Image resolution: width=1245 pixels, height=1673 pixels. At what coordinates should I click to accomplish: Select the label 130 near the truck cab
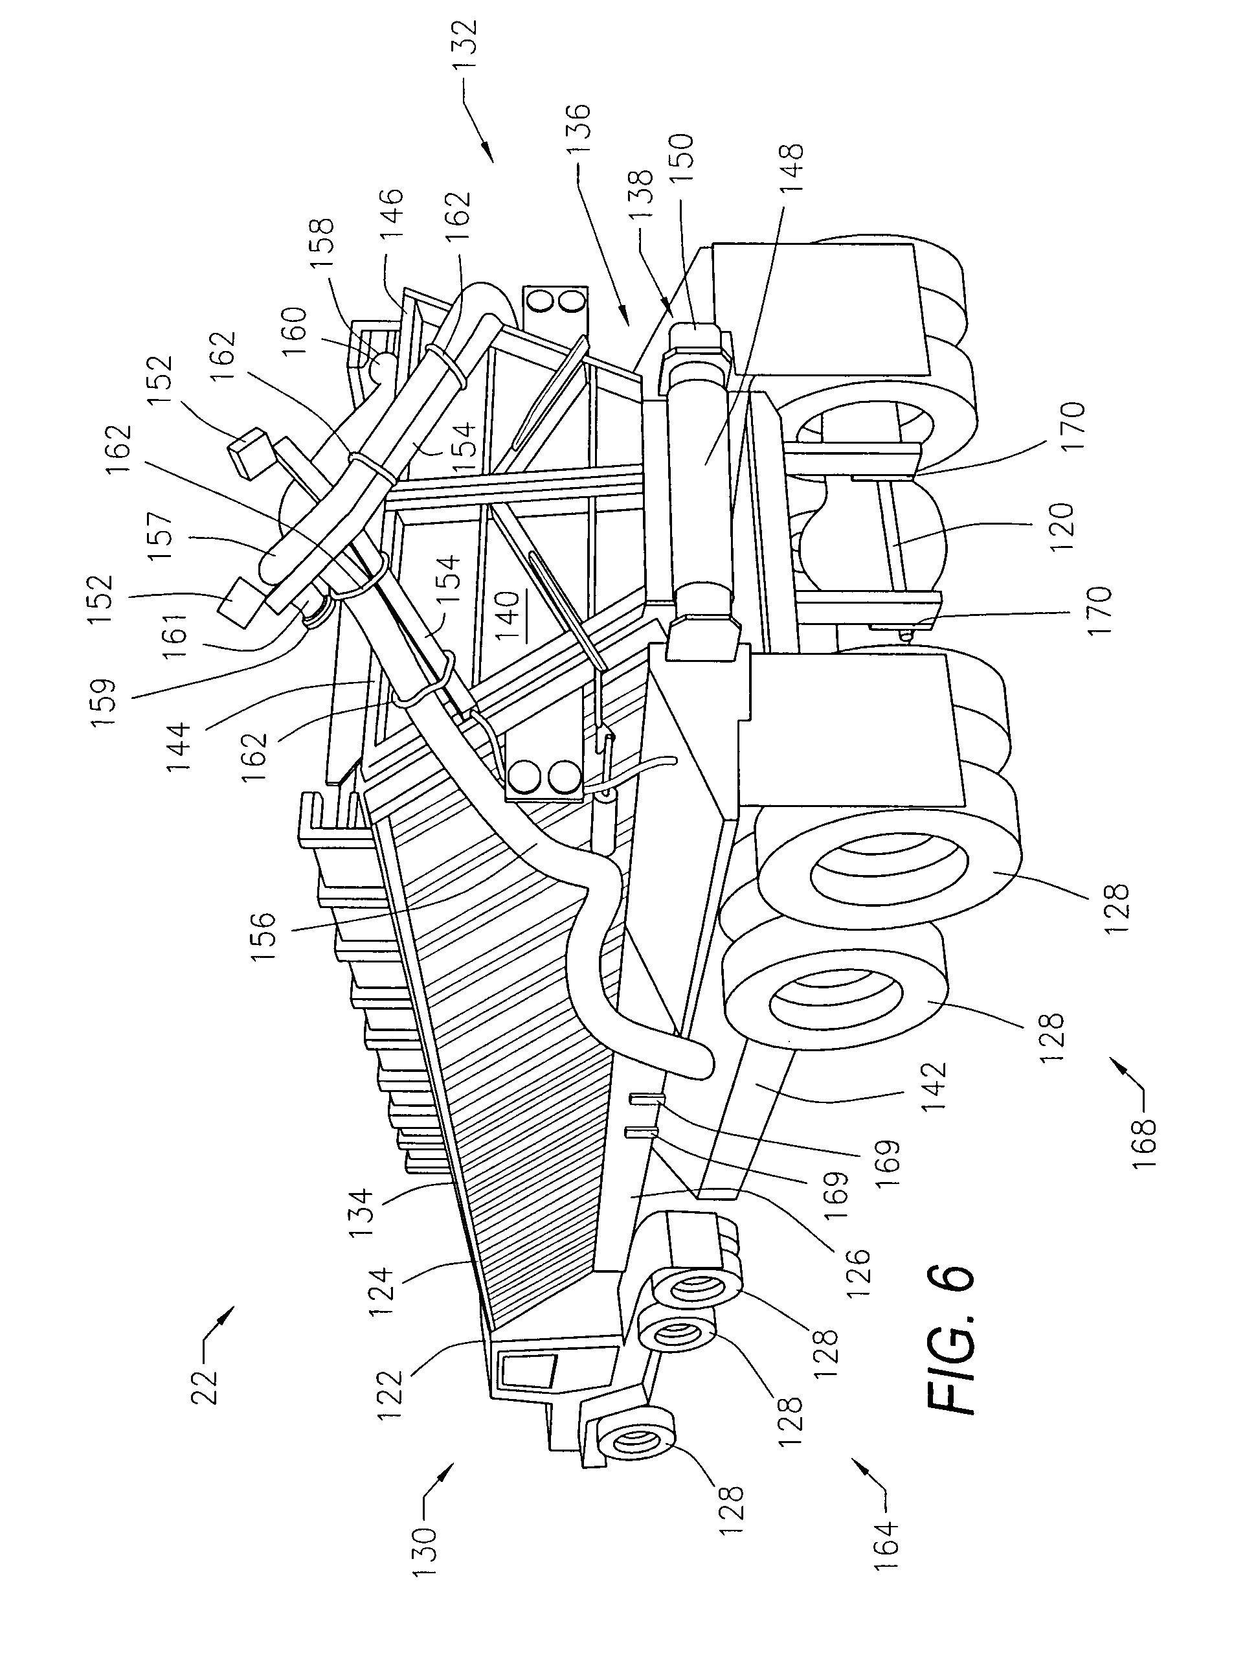click(424, 1549)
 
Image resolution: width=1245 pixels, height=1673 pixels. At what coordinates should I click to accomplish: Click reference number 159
click(102, 702)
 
